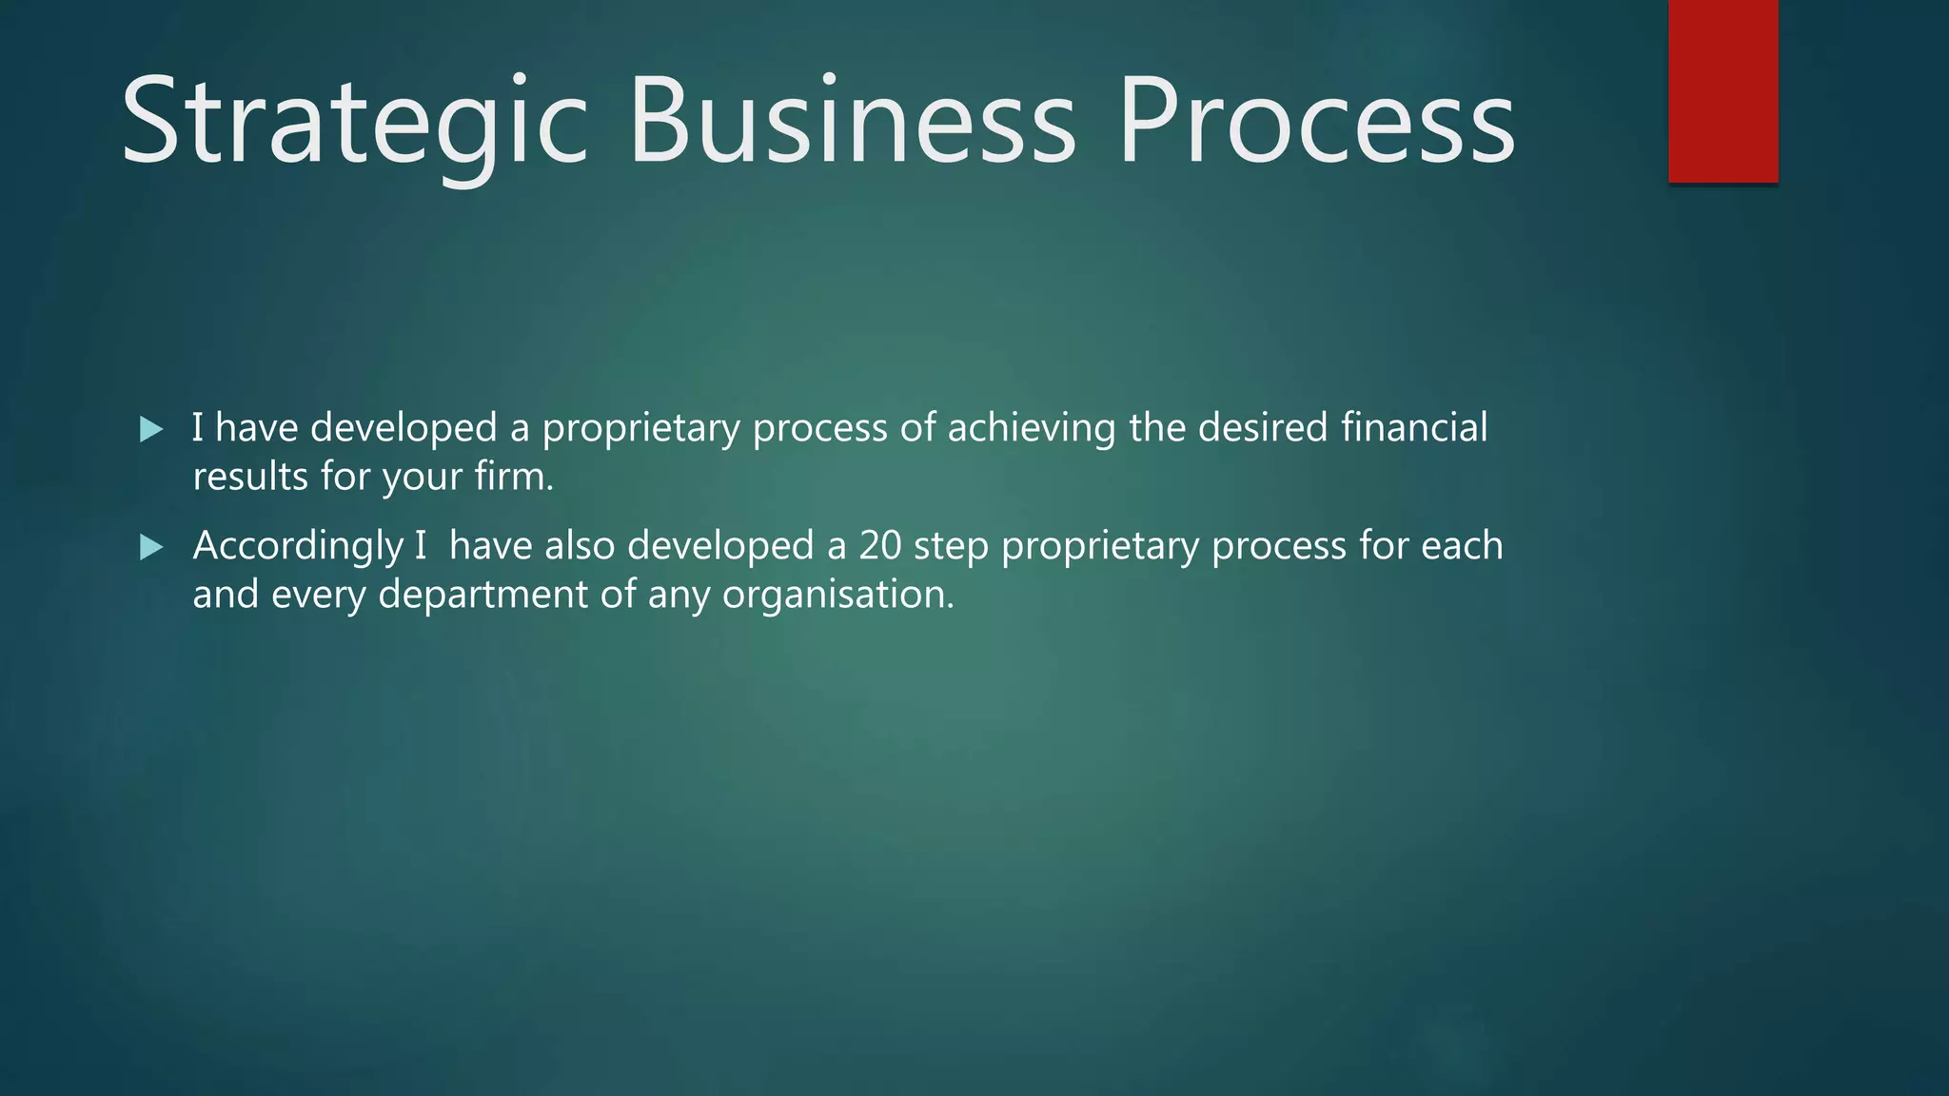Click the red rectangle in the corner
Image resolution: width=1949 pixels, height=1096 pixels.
point(1723,90)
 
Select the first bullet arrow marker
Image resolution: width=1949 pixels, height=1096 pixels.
point(151,429)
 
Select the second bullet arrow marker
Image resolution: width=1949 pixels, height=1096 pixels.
point(151,547)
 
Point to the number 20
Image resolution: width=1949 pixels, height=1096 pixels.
point(879,546)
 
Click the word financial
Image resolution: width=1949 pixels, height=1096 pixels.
point(1413,427)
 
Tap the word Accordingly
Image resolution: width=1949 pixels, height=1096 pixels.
point(298,547)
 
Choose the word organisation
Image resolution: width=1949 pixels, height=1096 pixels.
point(837,595)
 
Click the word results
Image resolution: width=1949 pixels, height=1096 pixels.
point(250,477)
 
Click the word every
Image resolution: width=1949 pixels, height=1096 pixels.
point(318,595)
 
